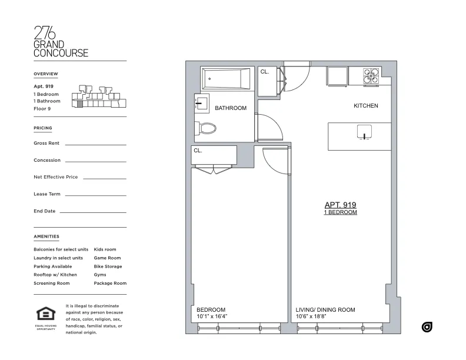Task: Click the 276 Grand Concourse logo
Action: coord(61,42)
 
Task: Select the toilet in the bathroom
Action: coord(208,128)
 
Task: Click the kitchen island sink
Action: coord(365,132)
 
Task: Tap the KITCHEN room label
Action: coord(365,106)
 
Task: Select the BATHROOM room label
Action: coord(230,108)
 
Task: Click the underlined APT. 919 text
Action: coord(341,205)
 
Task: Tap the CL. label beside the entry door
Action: coord(265,72)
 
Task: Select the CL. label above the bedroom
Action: coord(198,151)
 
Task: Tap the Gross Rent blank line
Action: coord(95,144)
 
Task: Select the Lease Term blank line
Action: coord(95,195)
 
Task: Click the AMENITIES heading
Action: coord(46,236)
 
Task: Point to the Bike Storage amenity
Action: coord(108,266)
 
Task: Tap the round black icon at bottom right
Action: coord(427,327)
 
